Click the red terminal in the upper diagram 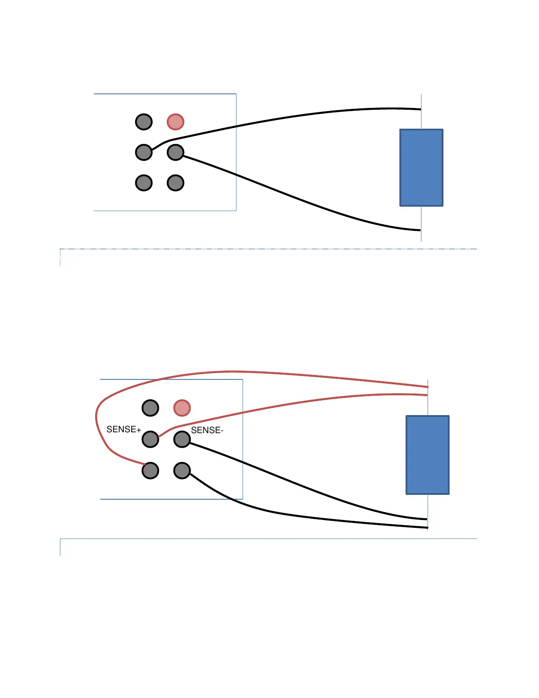[175, 122]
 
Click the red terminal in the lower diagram [182, 408]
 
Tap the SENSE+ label [124, 429]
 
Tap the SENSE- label [207, 430]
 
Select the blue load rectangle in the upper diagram [421, 167]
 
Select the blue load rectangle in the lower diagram [427, 455]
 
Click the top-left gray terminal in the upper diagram [144, 122]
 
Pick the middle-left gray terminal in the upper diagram [144, 152]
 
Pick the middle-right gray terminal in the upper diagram [175, 152]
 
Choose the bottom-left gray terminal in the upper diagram [144, 182]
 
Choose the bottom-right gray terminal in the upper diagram [175, 182]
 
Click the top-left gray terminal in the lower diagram [150, 408]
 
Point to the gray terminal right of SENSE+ [150, 439]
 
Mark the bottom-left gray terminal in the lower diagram [150, 471]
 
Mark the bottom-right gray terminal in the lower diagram [182, 471]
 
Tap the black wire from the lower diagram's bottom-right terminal [308, 518]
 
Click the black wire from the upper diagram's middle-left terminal [308, 117]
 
